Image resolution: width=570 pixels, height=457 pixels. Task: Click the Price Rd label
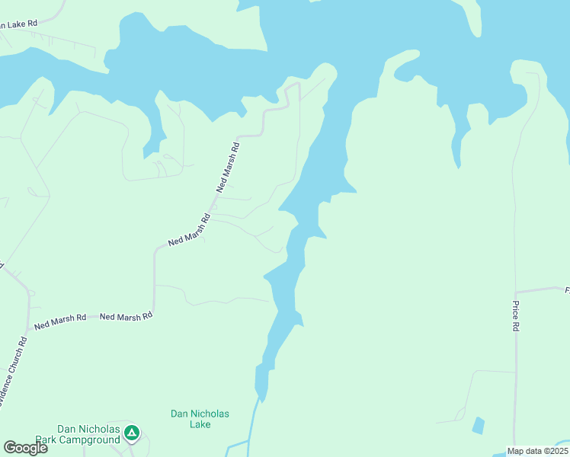516,315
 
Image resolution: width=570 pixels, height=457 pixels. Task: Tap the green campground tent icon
132,433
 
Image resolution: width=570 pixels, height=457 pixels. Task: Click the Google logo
25,448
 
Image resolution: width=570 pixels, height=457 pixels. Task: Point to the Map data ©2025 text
536,451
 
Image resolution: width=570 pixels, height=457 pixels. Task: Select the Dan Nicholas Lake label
200,419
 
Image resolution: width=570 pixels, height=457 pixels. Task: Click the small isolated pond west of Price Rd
478,425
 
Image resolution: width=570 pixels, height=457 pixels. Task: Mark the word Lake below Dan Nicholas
200,424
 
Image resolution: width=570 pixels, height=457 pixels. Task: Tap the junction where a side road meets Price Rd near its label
516,292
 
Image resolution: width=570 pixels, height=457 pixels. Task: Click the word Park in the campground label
70,439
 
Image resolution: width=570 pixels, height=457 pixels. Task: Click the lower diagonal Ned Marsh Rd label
189,230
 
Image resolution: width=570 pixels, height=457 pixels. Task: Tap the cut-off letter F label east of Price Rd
567,289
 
